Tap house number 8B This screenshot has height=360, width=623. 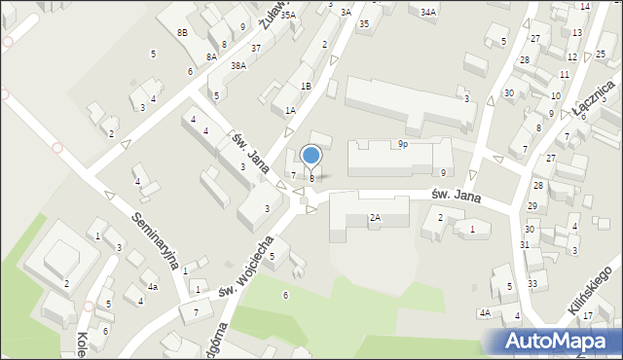[182, 33]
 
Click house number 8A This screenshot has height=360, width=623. [211, 57]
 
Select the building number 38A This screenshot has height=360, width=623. [238, 66]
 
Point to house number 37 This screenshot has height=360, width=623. [255, 48]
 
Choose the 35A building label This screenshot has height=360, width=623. [287, 16]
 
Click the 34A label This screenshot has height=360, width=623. [428, 13]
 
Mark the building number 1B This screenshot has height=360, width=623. [306, 87]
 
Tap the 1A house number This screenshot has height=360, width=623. [290, 111]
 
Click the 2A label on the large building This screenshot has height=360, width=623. [374, 218]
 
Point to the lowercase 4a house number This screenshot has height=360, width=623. [153, 287]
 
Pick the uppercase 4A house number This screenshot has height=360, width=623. [484, 313]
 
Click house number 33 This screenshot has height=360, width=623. [531, 283]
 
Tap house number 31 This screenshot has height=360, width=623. [524, 244]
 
